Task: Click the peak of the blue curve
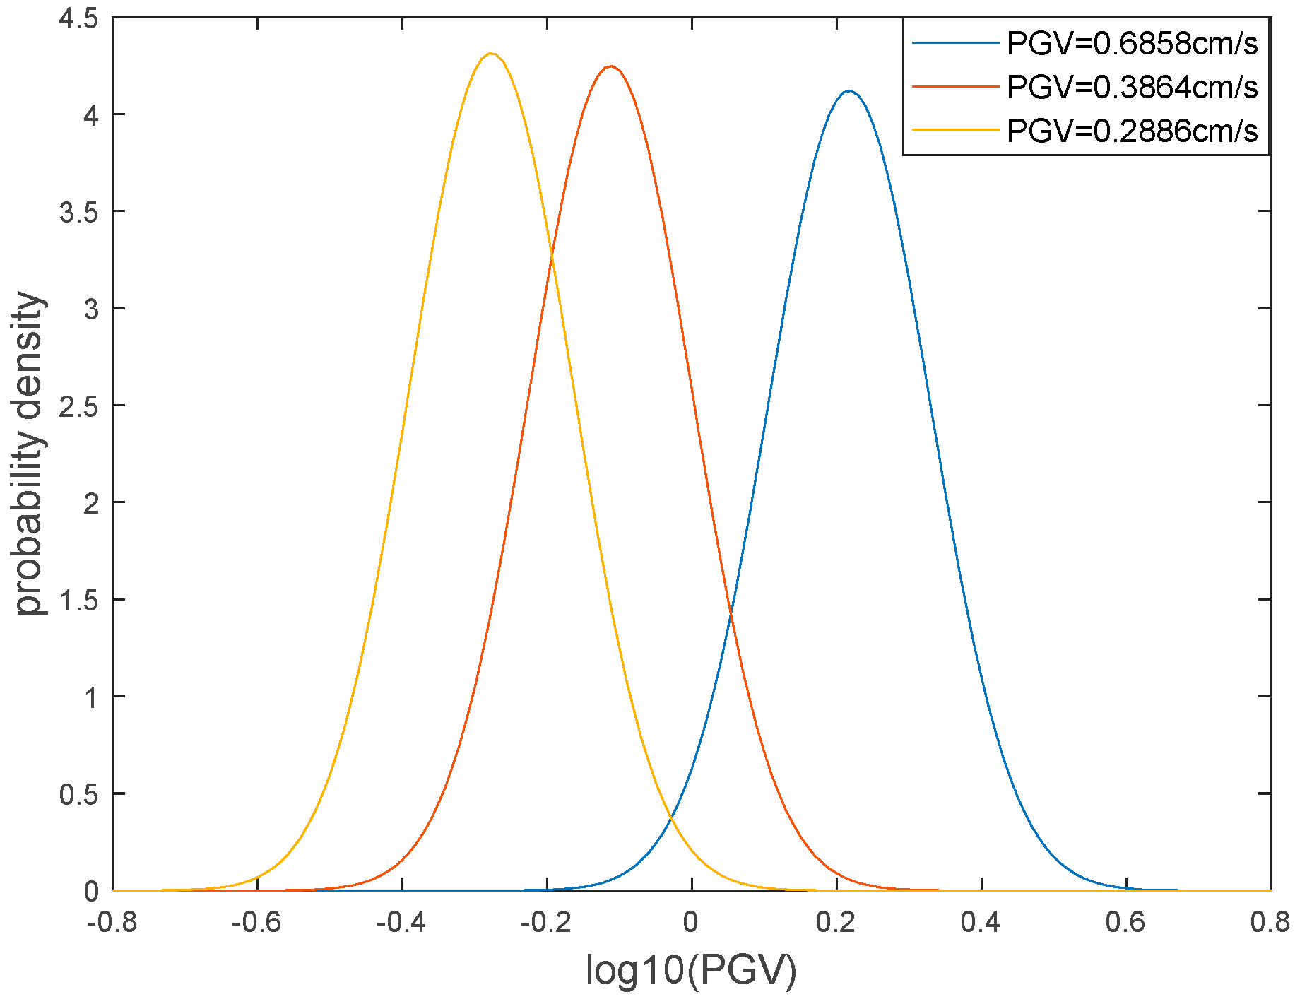click(x=850, y=91)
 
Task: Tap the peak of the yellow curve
click(x=491, y=53)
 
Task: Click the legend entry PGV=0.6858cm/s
click(x=1132, y=43)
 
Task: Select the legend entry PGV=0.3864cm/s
click(x=1132, y=87)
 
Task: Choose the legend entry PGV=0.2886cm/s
click(x=1132, y=131)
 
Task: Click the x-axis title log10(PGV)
click(x=691, y=970)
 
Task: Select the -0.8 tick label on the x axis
click(x=112, y=922)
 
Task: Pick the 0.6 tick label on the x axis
click(x=1125, y=922)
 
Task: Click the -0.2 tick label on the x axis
click(x=545, y=922)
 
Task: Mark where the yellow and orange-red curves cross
click(x=551, y=256)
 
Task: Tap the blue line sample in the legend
click(x=955, y=43)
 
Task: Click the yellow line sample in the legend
click(x=955, y=130)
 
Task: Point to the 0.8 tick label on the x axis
click(x=1270, y=922)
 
